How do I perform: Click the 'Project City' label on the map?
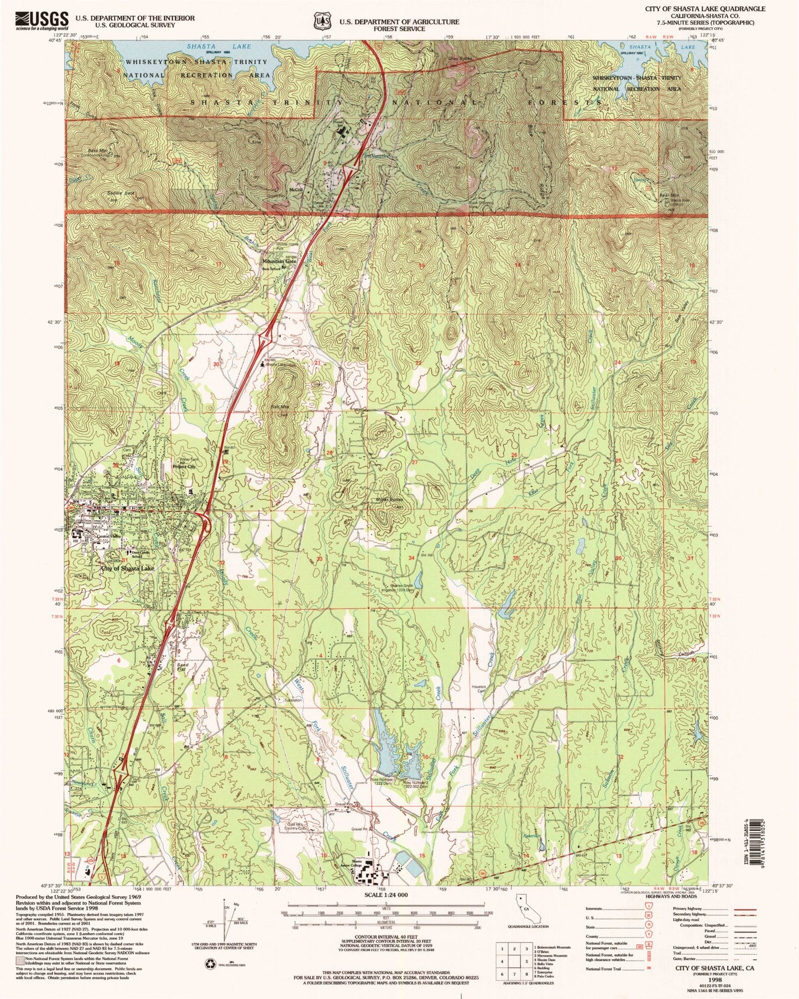click(185, 466)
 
